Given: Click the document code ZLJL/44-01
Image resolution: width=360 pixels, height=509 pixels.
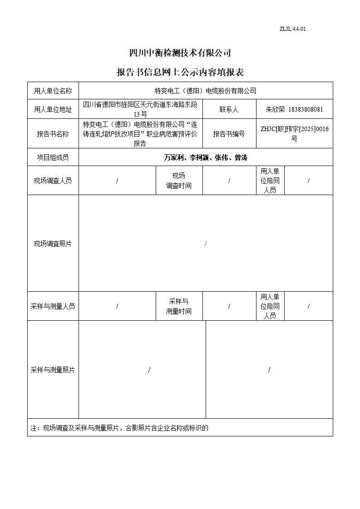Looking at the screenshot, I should point(292,29).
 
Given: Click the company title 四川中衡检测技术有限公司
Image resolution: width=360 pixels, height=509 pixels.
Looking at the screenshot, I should point(180,53).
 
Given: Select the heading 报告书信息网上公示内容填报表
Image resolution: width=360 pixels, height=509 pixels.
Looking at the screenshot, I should point(180,73).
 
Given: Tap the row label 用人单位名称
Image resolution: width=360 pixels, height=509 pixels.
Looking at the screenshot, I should point(53,91).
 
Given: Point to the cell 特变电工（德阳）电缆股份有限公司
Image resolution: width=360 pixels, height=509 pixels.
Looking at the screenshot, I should point(205,91).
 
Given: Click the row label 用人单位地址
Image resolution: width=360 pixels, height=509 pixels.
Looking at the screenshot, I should point(53,109).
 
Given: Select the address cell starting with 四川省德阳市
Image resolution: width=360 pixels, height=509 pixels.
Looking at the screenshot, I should point(140,109).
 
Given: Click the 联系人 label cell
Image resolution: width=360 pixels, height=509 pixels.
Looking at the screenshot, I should point(229,109).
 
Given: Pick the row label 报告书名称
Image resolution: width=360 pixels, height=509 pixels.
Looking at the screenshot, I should point(53,134).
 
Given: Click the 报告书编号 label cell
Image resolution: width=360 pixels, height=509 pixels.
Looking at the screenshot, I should point(229,134).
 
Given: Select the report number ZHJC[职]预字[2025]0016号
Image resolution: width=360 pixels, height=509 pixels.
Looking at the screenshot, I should point(294,134).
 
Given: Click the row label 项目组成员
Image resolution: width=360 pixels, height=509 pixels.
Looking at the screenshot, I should point(53,157).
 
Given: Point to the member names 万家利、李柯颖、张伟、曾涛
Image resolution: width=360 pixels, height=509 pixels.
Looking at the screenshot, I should point(205,157).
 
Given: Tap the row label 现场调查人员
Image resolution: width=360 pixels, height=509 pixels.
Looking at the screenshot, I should point(53,181).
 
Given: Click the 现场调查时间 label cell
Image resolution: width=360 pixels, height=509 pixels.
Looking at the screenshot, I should point(178,181).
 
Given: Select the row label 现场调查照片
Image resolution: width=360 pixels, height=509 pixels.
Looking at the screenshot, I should point(53,244).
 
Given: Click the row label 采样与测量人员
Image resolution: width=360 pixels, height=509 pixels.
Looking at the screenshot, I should point(53,306).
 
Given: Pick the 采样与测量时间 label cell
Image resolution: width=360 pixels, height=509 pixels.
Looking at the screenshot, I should point(178,306).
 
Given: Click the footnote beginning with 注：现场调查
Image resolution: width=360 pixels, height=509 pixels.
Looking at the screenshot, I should point(119,428).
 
